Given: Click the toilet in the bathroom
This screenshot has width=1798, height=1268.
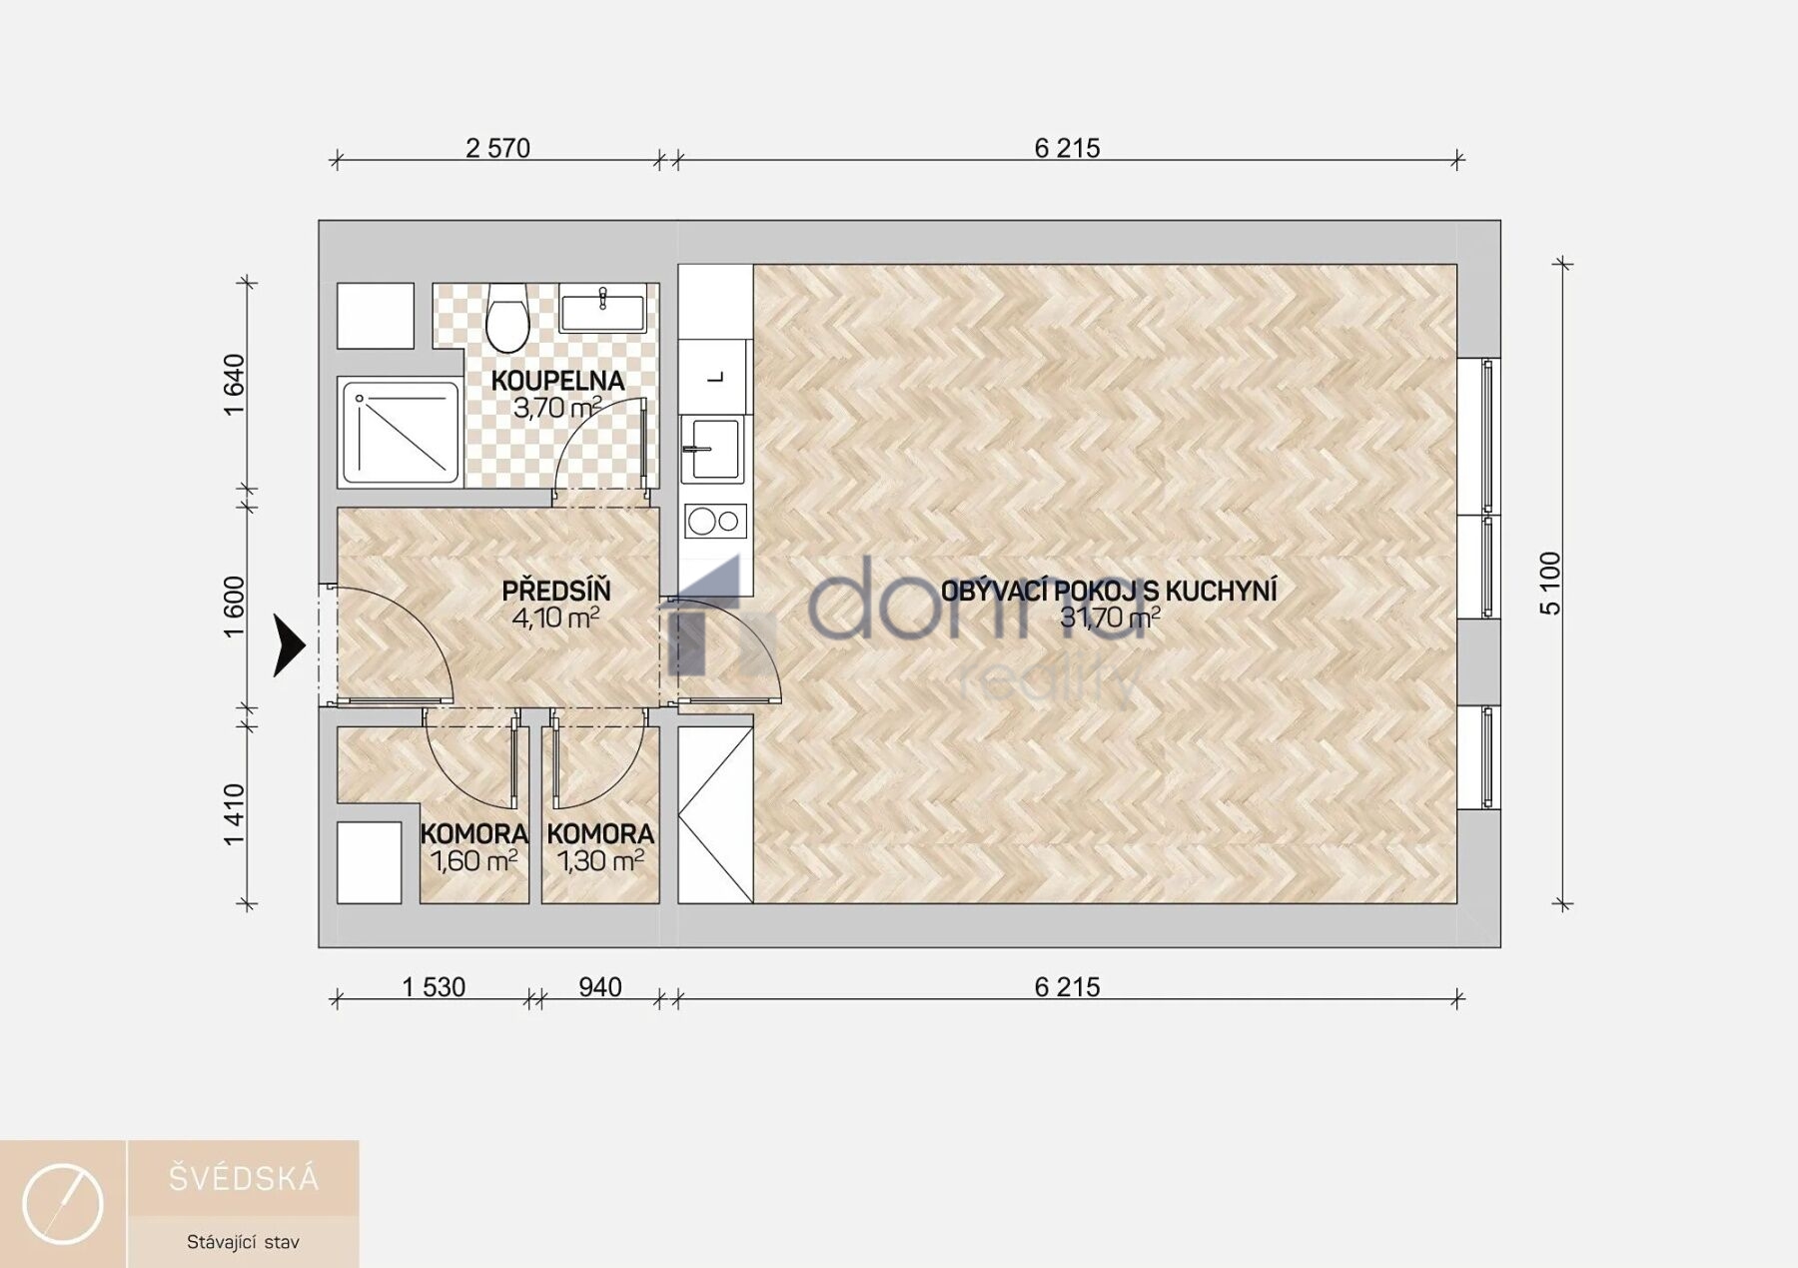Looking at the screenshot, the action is tap(507, 318).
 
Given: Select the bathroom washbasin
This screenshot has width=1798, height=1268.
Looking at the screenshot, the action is tap(602, 307).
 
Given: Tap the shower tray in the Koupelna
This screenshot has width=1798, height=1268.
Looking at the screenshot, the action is tap(400, 433).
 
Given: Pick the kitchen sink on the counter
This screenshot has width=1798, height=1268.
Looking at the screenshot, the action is tap(712, 449).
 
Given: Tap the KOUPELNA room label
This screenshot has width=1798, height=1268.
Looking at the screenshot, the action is tap(557, 381).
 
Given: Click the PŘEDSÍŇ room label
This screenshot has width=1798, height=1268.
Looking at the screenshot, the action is tap(556, 591).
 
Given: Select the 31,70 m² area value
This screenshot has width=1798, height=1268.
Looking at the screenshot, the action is tap(1110, 618).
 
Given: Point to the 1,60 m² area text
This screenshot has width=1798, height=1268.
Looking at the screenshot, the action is tap(473, 860).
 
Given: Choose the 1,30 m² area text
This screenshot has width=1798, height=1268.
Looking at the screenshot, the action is tap(600, 860).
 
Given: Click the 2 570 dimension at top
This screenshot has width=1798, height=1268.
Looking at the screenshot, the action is tap(497, 148).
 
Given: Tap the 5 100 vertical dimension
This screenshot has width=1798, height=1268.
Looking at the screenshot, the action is tap(1550, 584).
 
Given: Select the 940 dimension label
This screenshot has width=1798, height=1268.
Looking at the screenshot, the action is tap(600, 987).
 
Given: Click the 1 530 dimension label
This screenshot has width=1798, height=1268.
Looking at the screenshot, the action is tap(434, 987).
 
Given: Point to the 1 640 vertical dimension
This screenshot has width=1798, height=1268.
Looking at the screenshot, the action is tap(234, 385).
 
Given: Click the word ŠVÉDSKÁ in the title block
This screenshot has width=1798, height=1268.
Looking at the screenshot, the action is tap(244, 1179).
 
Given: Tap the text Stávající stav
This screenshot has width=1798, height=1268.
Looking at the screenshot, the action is tap(243, 1242).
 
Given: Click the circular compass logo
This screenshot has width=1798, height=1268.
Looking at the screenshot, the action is tap(63, 1204).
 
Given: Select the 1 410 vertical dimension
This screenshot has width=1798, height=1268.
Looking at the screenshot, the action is tap(234, 814).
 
